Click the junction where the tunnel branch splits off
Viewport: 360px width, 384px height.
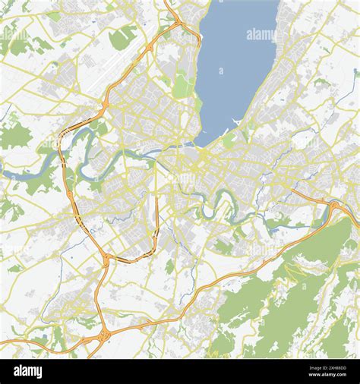click(x=106, y=259)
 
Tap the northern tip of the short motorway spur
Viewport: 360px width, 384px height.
click(x=158, y=199)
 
